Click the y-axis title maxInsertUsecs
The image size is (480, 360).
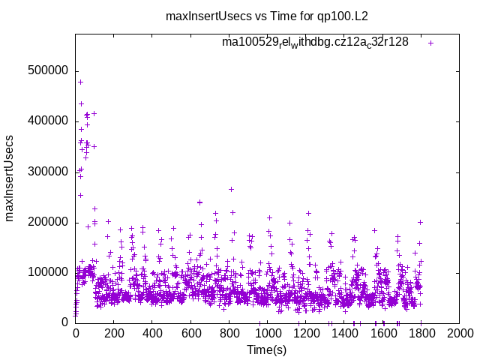pos(10,178)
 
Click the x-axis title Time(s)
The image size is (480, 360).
pos(267,349)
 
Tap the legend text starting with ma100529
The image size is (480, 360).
pos(315,42)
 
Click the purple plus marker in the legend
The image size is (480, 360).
pos(430,43)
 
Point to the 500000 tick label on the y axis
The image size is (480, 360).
pos(47,71)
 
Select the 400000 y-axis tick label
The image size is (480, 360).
pos(47,121)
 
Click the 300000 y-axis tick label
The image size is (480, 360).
pos(47,172)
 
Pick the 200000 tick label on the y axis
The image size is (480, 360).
pos(47,222)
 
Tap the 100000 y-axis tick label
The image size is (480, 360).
pos(47,272)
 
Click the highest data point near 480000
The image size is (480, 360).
pos(81,82)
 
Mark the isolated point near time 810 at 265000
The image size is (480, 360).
pos(231,189)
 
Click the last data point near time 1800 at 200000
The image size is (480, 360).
pos(421,222)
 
